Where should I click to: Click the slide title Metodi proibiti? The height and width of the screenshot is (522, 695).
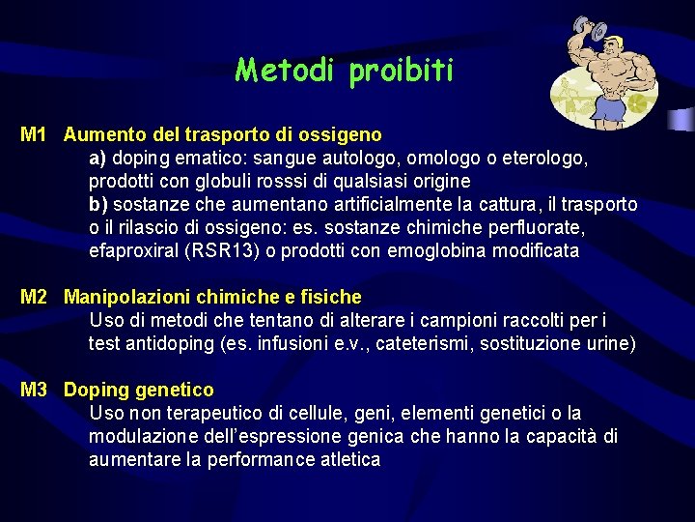click(x=344, y=71)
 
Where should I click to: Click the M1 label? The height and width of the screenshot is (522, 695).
click(x=34, y=134)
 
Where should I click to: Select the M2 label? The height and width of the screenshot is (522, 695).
click(x=34, y=297)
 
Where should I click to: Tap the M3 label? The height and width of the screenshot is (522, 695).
click(x=34, y=390)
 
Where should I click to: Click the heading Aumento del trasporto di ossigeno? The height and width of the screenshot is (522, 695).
click(x=222, y=134)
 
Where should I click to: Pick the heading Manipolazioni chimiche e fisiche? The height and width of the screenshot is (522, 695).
click(x=212, y=297)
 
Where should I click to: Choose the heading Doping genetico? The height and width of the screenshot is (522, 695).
click(x=139, y=390)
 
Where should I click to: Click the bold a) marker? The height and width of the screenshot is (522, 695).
click(x=97, y=158)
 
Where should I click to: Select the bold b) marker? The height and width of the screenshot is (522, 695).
click(x=97, y=204)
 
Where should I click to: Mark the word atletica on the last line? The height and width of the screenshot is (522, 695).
click(x=345, y=459)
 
